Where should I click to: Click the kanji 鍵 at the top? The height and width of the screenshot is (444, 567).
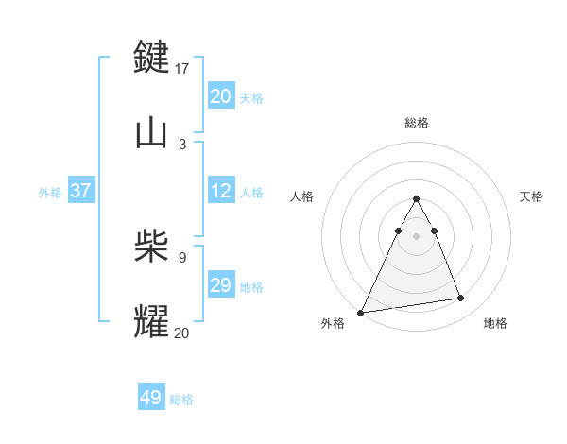pos(152,57)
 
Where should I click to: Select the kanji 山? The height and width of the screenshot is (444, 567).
pos(152,133)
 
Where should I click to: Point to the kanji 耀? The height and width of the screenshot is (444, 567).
pos(152,321)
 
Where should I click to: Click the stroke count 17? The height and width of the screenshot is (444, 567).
pos(182,69)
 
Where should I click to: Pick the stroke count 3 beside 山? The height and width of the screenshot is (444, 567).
pos(182,144)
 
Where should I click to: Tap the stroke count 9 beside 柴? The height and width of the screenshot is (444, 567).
pos(182,256)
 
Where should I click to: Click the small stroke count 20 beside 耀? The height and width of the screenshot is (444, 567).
pos(182,333)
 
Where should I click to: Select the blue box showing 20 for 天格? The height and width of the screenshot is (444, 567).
pos(221,95)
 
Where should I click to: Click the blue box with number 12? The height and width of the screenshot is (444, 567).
pos(221,191)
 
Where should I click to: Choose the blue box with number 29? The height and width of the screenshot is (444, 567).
pos(221,285)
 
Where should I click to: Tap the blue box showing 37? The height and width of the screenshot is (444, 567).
pos(80,191)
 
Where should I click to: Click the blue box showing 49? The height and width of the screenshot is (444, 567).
pos(151,398)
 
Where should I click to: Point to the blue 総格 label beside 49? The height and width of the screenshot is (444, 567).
pos(181,400)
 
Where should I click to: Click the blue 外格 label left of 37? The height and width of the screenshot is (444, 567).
pos(50,193)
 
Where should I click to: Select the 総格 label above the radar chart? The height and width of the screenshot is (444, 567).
pos(416,123)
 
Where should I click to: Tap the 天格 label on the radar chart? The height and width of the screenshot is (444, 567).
pos(531,196)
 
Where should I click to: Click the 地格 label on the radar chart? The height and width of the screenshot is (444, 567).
pos(495,324)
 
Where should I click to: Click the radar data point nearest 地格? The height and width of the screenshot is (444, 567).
pos(461,299)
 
